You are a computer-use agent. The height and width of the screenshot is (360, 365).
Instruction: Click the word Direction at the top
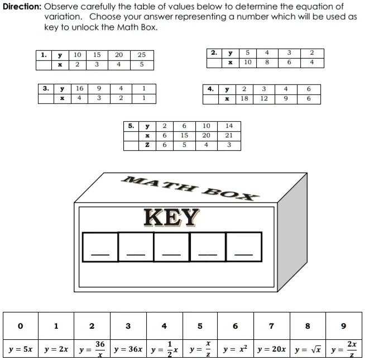click(x=22, y=7)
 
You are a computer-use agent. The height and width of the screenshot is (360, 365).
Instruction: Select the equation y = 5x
click(x=21, y=349)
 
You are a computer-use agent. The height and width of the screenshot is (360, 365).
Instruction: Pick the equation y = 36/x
click(x=92, y=349)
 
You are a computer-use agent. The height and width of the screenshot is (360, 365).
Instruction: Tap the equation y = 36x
click(x=128, y=349)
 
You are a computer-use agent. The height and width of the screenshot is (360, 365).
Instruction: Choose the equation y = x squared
click(x=235, y=349)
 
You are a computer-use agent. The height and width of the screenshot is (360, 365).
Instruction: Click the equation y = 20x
click(x=271, y=349)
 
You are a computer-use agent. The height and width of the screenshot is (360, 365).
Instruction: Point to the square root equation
click(x=308, y=349)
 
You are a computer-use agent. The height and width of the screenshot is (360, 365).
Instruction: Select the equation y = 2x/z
click(x=344, y=349)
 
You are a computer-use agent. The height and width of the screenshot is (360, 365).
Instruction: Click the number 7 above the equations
click(x=271, y=326)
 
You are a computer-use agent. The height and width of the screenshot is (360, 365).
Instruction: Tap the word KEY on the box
click(x=171, y=217)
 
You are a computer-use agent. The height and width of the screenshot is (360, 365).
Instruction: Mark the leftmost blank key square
click(x=100, y=247)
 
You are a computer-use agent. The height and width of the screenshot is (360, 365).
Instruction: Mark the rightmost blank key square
click(x=244, y=247)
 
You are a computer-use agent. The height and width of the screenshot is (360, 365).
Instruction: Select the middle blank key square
click(x=172, y=247)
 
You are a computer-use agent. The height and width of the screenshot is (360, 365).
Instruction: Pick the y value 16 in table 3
click(x=80, y=89)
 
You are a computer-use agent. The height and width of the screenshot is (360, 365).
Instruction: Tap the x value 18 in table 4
click(x=244, y=99)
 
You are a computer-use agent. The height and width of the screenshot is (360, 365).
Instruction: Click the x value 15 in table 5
click(x=184, y=136)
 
